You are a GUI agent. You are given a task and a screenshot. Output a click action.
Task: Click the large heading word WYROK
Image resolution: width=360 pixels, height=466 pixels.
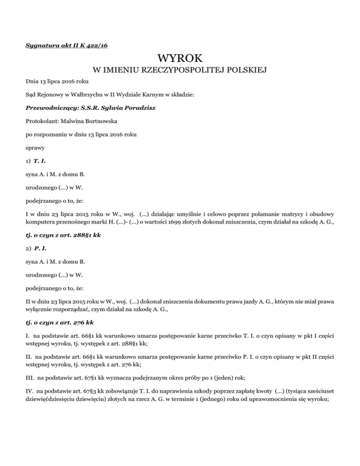click(x=180, y=60)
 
